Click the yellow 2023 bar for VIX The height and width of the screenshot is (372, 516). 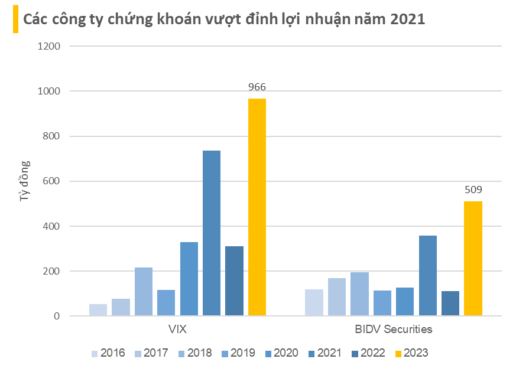point(257,207)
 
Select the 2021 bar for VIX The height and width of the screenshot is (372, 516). point(212,233)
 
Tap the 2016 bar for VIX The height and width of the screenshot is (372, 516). point(98,310)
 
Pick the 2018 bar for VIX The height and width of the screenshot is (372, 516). point(144,292)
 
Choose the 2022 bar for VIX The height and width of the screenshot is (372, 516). point(234,281)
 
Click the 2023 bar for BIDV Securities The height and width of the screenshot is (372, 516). point(473,259)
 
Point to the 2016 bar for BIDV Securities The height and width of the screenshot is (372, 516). point(314,302)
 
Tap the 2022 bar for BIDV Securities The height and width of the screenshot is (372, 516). point(450,304)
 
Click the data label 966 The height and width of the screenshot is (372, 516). point(257,87)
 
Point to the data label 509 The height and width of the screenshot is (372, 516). point(473,190)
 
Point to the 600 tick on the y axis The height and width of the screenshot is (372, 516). point(51,181)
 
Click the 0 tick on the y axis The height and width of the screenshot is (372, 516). point(57,316)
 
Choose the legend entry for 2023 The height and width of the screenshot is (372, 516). point(411,353)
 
